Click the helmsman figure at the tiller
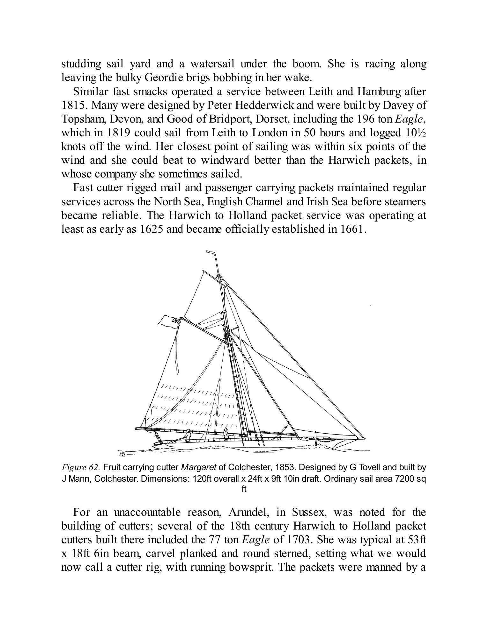tap(189, 434)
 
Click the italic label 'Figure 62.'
tap(81, 468)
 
